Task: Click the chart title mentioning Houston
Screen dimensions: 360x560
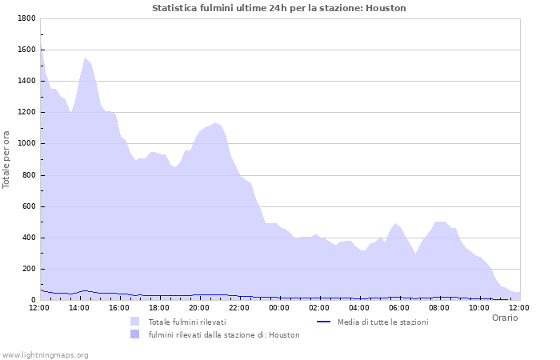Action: tap(279, 8)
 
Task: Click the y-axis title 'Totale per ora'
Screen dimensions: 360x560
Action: tap(7, 159)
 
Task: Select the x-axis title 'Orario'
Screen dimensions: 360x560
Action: tap(504, 318)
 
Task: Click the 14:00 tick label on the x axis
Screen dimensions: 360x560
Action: tap(79, 307)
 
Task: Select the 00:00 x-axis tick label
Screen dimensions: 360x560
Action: tap(279, 307)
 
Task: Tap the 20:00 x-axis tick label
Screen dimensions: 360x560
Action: tap(199, 307)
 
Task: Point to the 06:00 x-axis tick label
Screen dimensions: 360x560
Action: tap(399, 307)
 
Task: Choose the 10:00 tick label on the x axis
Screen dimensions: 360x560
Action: tap(479, 307)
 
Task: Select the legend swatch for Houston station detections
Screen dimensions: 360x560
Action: tap(134, 334)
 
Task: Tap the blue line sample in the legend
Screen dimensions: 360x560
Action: tap(323, 322)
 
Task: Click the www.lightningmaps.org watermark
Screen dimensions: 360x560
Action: tap(45, 354)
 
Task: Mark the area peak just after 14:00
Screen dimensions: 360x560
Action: tap(85, 58)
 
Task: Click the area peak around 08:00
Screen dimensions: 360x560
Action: tap(439, 222)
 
